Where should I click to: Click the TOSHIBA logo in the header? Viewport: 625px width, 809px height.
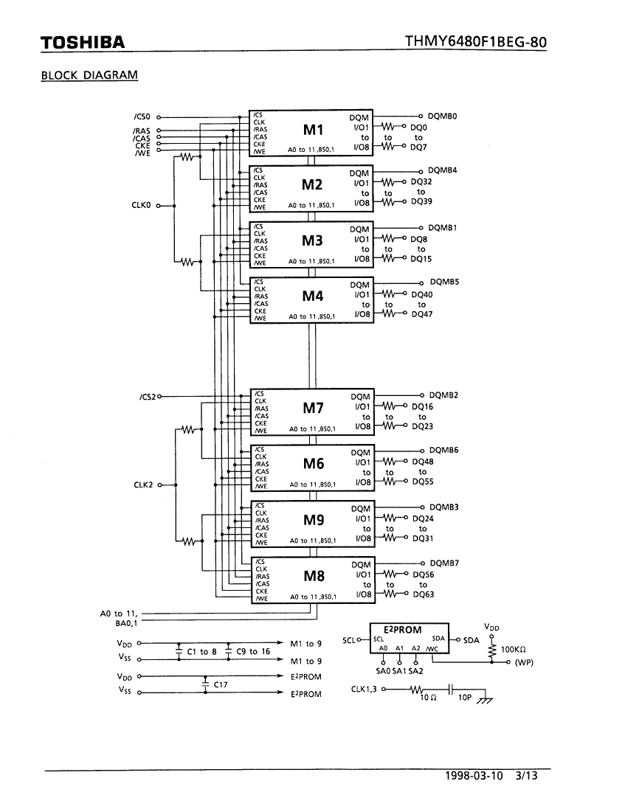(x=83, y=42)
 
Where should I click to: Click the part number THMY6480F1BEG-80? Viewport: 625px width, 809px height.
(x=475, y=42)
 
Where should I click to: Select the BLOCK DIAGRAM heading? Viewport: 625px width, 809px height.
(x=89, y=75)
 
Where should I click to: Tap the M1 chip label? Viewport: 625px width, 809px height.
(x=314, y=130)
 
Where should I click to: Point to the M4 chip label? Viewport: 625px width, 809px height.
(x=313, y=296)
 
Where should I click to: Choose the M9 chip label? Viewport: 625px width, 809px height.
(x=314, y=520)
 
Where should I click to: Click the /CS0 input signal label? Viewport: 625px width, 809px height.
(x=142, y=117)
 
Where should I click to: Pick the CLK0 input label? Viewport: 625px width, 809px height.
(x=141, y=205)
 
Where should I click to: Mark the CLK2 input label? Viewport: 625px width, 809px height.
(x=143, y=485)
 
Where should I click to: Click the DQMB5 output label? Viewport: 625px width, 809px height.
(x=444, y=282)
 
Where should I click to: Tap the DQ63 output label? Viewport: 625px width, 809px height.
(x=424, y=594)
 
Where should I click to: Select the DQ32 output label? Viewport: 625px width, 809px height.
(x=421, y=181)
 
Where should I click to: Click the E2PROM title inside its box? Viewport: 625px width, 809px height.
(x=403, y=630)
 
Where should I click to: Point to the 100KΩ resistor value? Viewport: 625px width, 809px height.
(x=514, y=650)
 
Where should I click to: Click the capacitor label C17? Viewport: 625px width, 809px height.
(x=221, y=684)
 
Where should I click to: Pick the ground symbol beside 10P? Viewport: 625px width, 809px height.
(x=485, y=700)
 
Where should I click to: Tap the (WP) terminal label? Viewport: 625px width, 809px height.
(x=524, y=662)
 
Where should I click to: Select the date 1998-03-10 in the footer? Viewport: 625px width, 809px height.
(x=474, y=776)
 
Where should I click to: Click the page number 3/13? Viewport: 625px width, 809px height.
(x=526, y=776)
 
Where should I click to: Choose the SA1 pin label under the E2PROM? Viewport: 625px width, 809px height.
(x=399, y=671)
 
